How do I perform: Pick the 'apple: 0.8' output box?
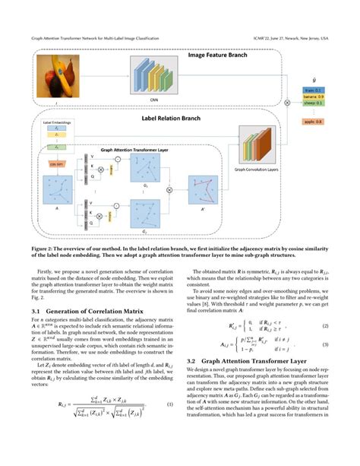(314, 122)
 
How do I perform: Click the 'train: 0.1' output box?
(314, 88)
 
